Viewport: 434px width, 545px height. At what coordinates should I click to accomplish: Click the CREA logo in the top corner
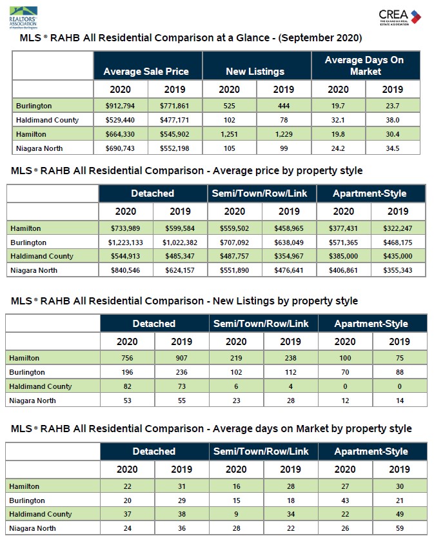pos(400,17)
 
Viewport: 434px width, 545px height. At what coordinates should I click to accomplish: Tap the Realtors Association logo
pos(23,17)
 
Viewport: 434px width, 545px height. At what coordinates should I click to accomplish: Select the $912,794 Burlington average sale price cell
pos(120,106)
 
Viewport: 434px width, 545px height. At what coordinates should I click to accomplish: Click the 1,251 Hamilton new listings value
pos(229,134)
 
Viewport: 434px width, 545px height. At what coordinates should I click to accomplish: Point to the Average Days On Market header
pos(365,66)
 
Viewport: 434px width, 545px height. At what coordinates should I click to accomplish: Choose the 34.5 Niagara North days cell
pos(393,148)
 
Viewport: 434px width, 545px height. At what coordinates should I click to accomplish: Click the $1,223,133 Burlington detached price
pos(126,243)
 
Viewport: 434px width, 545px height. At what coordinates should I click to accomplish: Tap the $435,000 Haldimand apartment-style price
pos(398,256)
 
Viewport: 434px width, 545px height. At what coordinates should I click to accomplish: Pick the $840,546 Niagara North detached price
pos(126,270)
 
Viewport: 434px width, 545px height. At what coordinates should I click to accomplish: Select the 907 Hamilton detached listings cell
pos(181,358)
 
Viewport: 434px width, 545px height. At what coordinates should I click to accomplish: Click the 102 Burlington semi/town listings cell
pos(236,372)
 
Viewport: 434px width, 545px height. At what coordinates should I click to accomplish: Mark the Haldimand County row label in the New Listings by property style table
pos(41,386)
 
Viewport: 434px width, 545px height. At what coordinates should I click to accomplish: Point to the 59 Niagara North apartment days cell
pos(400,528)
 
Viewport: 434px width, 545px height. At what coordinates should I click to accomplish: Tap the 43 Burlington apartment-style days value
pos(345,500)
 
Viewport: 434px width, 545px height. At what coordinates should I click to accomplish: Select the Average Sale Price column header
pos(146,72)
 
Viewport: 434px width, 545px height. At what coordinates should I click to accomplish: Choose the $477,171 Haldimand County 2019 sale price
pos(174,120)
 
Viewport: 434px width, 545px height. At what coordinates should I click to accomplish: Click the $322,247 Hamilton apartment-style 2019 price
pos(398,228)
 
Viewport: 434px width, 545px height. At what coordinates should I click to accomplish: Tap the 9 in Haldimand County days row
pos(236,514)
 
